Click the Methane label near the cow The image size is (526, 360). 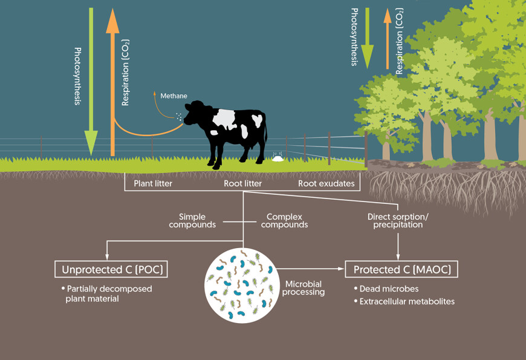(x=174, y=96)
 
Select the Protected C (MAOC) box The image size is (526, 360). (x=401, y=269)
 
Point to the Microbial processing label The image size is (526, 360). (x=305, y=287)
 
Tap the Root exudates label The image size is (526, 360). (x=326, y=183)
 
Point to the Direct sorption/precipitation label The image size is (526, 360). (x=395, y=220)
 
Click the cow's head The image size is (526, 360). (x=195, y=113)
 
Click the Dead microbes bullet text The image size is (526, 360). (x=386, y=289)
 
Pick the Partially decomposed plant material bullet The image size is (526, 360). (x=108, y=293)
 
